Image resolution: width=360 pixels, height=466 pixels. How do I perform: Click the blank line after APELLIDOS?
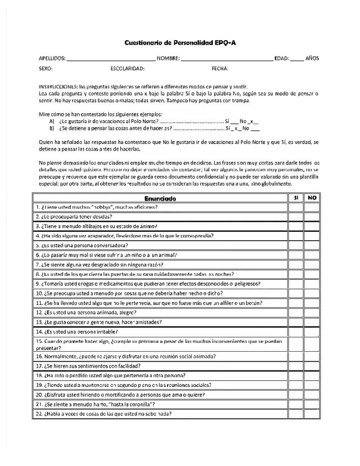click(112, 58)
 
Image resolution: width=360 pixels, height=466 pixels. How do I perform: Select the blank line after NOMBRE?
click(226, 58)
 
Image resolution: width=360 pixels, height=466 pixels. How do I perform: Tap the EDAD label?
click(281, 58)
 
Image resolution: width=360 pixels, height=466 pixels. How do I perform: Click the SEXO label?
click(46, 69)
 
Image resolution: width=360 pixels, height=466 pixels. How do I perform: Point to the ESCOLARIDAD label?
click(127, 69)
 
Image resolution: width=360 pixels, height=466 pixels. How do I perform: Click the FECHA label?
click(220, 69)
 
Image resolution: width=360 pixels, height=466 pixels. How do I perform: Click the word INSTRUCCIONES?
click(57, 87)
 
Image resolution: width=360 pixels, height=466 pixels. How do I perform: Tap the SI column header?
click(296, 198)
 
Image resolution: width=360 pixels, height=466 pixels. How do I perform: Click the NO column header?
click(312, 198)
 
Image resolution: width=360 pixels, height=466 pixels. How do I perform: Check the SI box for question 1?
click(296, 207)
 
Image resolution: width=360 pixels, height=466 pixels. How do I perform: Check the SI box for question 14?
click(296, 332)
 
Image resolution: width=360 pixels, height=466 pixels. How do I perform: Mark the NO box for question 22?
click(312, 414)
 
